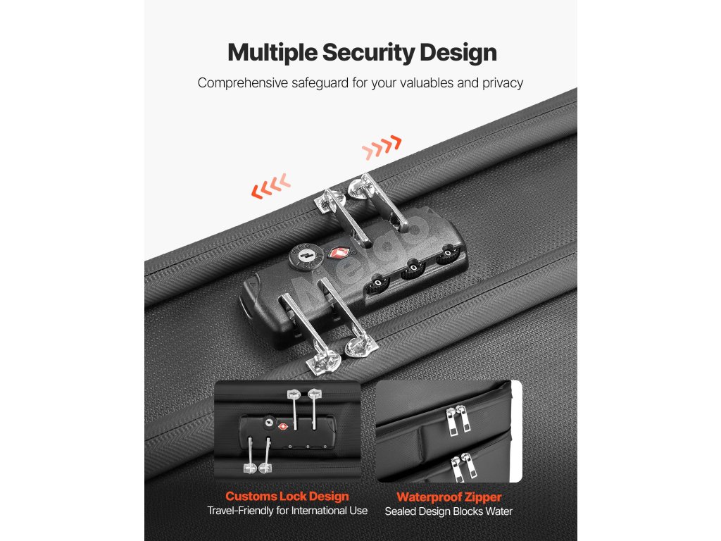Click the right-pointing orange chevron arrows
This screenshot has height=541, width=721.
coord(382,147)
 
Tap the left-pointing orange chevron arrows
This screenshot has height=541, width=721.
coord(271,186)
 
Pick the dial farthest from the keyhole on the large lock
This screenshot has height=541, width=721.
coord(447,254)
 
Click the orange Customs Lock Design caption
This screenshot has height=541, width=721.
coord(287,497)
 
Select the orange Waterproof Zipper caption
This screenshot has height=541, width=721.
coord(449,497)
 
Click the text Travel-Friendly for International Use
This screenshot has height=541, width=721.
coord(287,511)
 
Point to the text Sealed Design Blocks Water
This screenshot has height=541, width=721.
coord(449,511)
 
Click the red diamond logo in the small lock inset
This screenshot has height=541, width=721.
coord(283,426)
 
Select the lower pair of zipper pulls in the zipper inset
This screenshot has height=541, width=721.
coord(463,467)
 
